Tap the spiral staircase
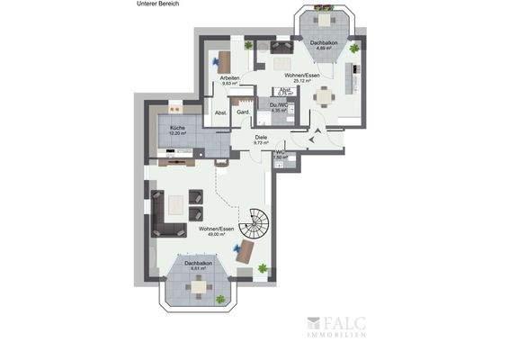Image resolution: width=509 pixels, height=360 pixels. (258, 221)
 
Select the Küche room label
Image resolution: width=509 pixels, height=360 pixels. (176, 129)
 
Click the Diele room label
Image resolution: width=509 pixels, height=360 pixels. (261, 137)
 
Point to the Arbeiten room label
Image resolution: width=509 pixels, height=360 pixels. (230, 78)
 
